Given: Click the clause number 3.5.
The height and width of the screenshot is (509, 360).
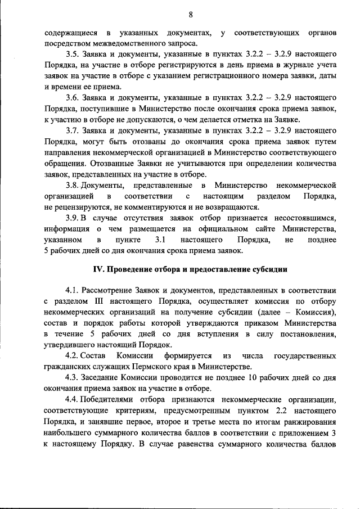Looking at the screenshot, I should coord(73,53).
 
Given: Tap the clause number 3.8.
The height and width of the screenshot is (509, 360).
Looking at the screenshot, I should coord(73,185).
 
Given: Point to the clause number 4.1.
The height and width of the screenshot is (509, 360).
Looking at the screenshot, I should coord(73,291).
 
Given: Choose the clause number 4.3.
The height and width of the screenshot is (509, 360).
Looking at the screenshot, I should coord(73,378).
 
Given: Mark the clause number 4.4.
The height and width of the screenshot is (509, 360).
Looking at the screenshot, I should coord(73,400).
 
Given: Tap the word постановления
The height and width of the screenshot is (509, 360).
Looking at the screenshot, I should coord(308,335).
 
